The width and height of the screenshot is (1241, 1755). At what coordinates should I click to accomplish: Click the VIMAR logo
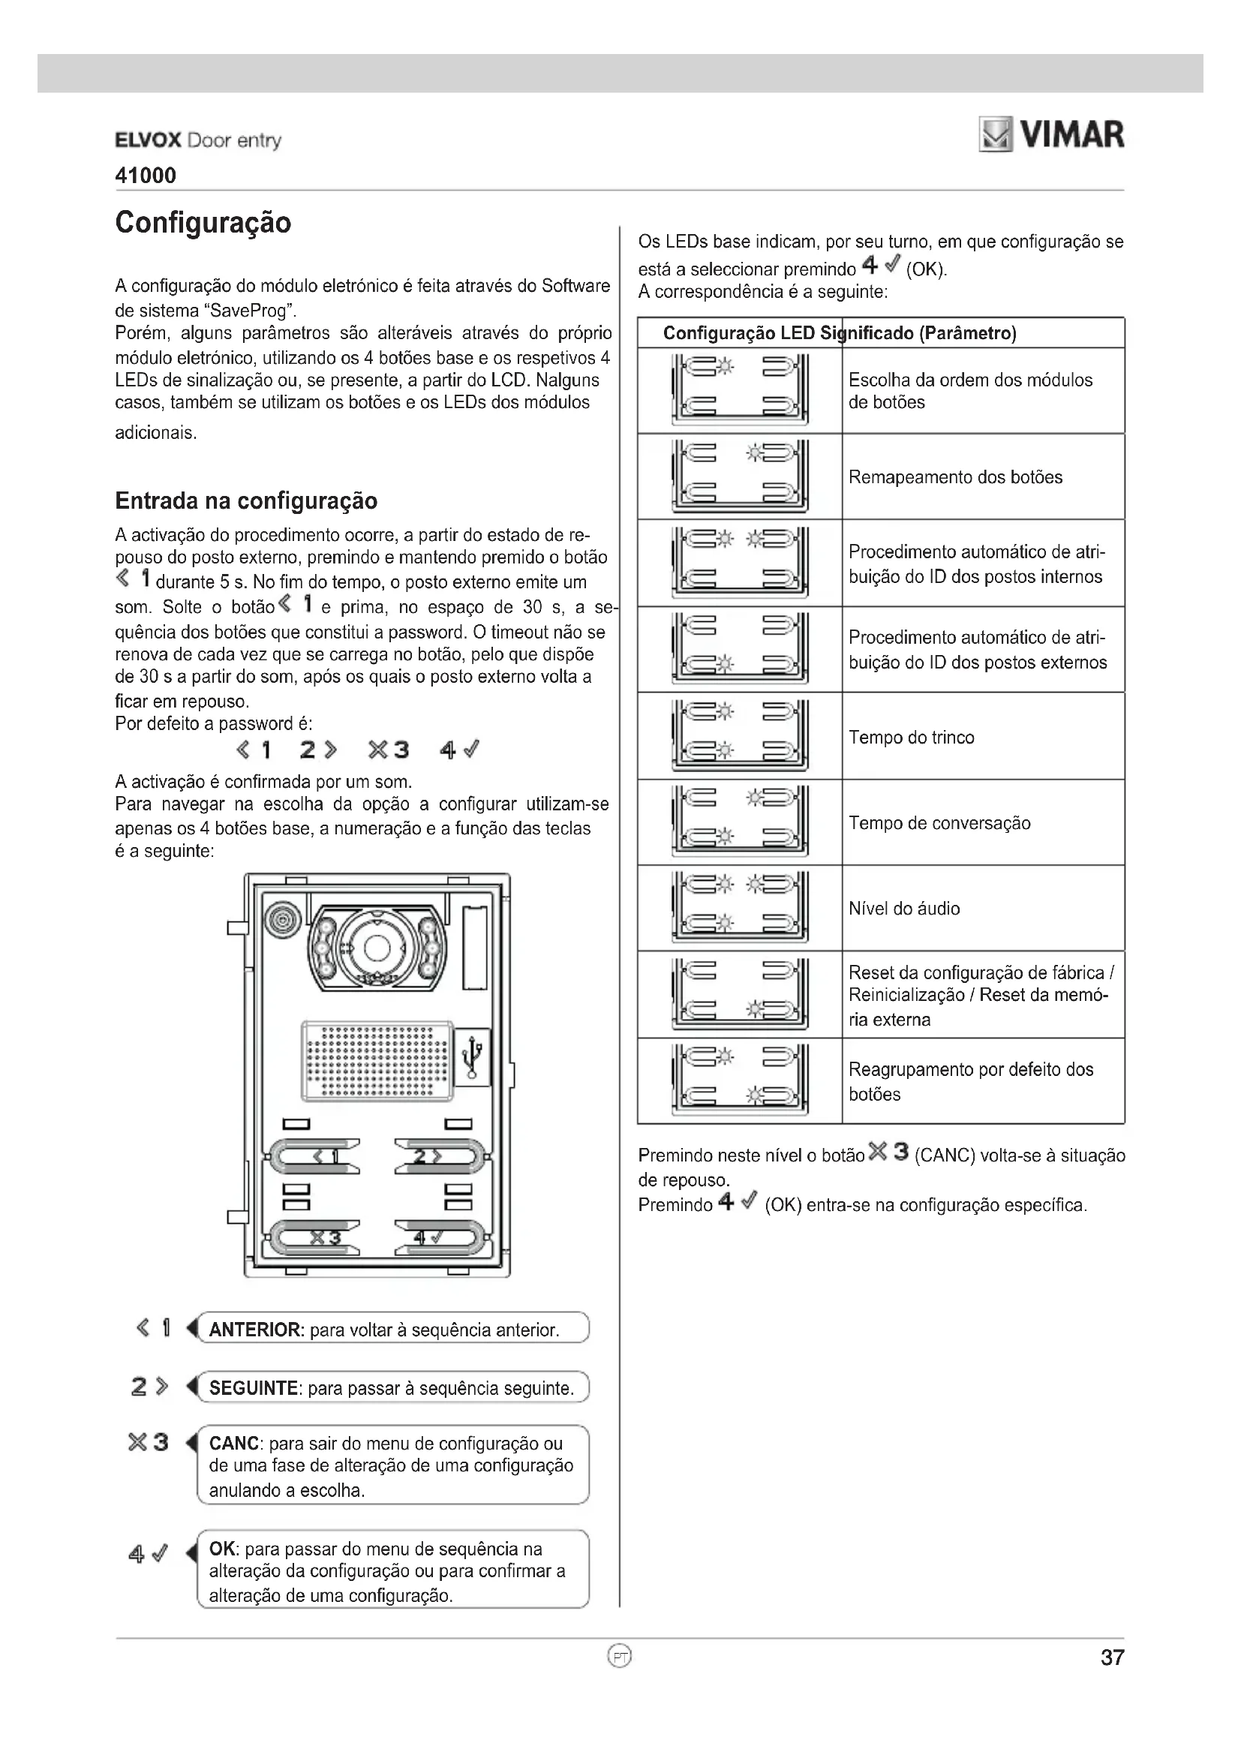point(1052,135)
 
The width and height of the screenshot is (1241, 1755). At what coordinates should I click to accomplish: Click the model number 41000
point(146,176)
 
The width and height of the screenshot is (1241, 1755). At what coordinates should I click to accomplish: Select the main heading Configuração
point(203,222)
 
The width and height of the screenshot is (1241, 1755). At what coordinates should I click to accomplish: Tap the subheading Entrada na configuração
point(246,500)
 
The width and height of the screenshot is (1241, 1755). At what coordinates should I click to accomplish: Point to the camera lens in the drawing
point(377,948)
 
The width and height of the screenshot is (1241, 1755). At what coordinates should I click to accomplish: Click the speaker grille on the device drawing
point(377,1060)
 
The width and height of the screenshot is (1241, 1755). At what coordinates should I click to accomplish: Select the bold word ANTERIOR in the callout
point(256,1330)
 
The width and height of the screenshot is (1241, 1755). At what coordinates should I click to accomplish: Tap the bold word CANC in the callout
point(234,1443)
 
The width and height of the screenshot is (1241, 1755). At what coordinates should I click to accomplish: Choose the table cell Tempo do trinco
point(911,738)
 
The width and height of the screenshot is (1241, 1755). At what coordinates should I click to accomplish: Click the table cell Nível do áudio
point(904,909)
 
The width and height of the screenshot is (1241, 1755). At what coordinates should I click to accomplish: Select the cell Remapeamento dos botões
point(955,478)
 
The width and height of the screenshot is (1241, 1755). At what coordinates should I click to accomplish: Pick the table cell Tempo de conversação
point(939,823)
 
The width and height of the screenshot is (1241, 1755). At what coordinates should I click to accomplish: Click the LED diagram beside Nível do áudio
point(739,908)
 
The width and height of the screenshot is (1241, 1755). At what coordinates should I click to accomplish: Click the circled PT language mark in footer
point(620,1657)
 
